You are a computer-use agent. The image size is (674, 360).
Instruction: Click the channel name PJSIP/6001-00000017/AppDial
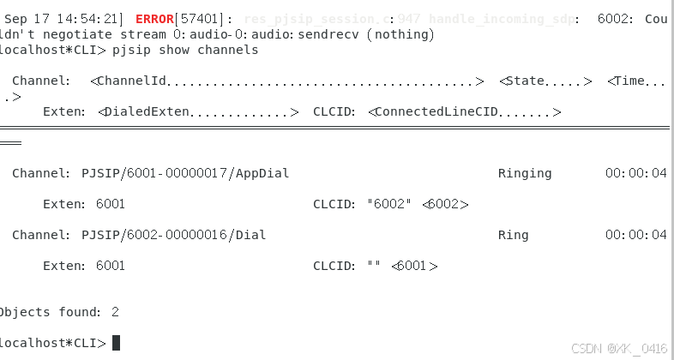tap(185, 173)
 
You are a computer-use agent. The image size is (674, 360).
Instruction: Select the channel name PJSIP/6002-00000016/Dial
tap(174, 235)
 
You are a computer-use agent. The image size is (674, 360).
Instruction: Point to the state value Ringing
tap(525, 173)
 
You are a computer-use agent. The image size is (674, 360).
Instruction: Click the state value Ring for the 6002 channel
tap(513, 235)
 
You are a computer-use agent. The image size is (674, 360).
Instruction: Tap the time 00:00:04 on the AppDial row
tap(635, 173)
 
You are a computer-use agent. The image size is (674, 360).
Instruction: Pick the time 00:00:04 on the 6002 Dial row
tap(635, 235)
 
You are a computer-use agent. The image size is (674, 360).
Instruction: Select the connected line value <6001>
tap(414, 266)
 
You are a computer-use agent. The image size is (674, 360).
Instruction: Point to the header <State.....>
tap(545, 81)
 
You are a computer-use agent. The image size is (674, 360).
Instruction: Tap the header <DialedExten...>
tap(198, 111)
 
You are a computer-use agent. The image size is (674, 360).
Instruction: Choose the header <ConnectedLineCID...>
tap(464, 111)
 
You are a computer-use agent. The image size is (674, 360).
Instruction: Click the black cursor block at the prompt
tap(117, 343)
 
